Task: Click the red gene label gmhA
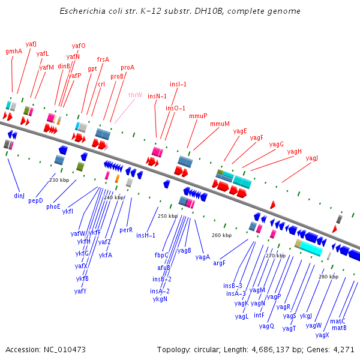[14, 52]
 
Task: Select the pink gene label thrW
[135, 95]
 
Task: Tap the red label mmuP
[198, 116]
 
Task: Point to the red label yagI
[312, 158]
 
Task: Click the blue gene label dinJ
[19, 196]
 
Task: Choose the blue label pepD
[35, 201]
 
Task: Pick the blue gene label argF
[219, 263]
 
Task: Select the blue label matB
[339, 328]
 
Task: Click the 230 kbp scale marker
[59, 180]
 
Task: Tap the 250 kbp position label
[167, 216]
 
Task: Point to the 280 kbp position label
[328, 277]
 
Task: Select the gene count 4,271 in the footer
[343, 349]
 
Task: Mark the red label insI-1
[178, 85]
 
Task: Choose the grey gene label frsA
[103, 59]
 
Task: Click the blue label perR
[126, 230]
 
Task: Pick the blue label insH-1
[146, 235]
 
